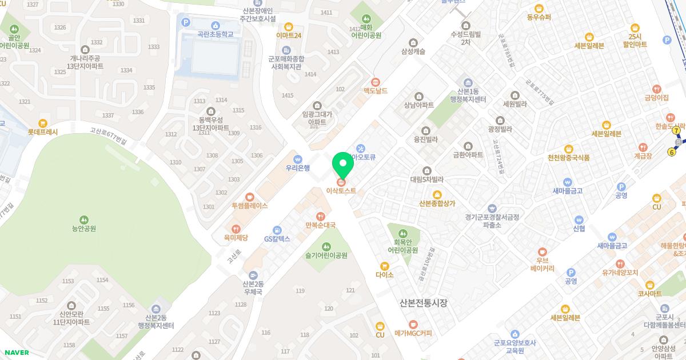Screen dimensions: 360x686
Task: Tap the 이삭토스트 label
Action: [341, 190]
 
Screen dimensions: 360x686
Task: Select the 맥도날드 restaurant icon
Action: [376, 82]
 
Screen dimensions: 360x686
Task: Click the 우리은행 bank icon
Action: [297, 159]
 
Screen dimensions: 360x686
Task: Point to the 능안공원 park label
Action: [84, 229]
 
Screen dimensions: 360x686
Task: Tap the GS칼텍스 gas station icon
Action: [277, 230]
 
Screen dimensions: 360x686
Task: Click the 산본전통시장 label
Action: [424, 303]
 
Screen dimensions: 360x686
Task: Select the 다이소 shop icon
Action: [385, 266]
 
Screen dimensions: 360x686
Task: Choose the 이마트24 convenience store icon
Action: [289, 26]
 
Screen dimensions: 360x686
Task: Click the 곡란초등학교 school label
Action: [215, 34]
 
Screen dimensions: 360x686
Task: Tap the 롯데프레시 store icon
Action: [43, 123]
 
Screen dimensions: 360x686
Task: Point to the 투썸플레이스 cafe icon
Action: [249, 197]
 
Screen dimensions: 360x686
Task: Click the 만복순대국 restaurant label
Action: [320, 225]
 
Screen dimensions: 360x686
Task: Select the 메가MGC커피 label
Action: [413, 333]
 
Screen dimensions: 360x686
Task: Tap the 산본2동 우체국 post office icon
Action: [253, 275]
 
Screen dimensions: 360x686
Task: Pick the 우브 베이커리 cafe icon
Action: [543, 251]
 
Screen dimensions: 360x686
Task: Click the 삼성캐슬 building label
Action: [413, 51]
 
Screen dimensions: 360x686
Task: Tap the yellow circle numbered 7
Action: [677, 131]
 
